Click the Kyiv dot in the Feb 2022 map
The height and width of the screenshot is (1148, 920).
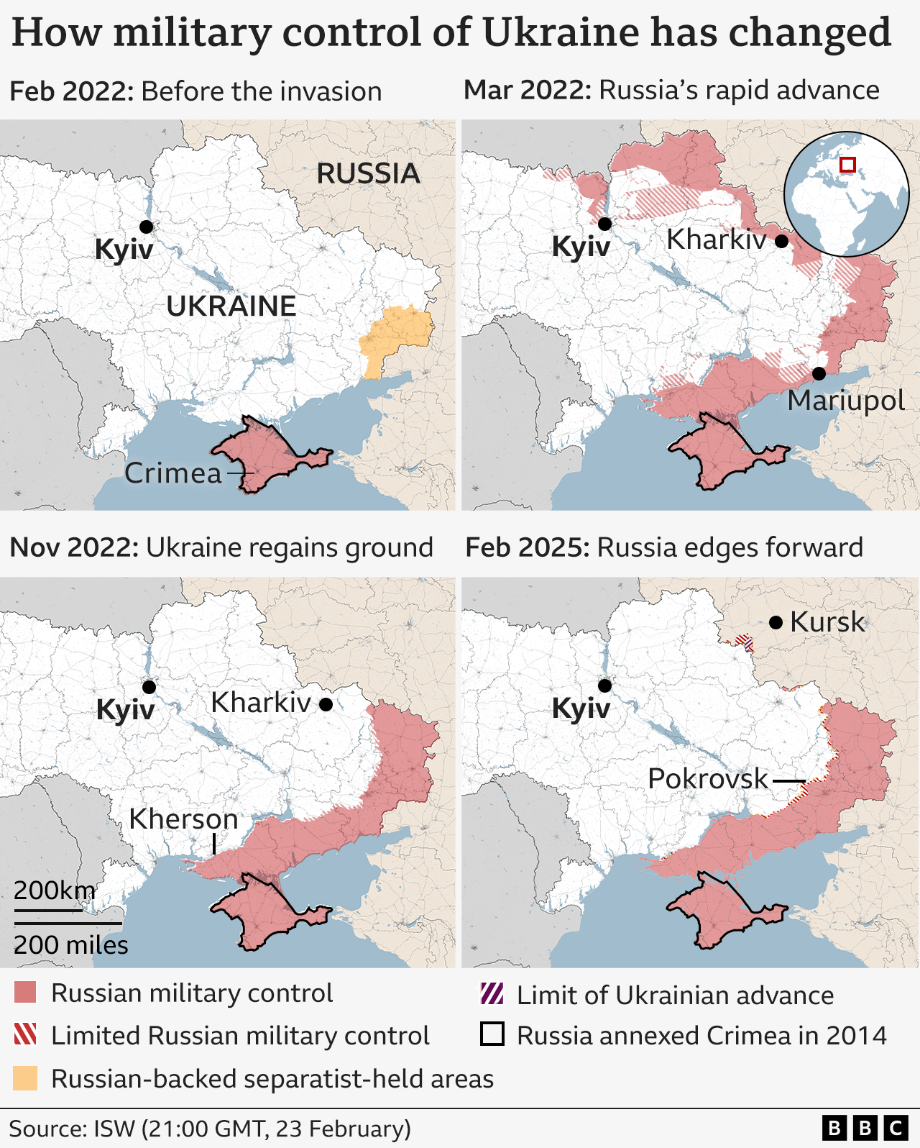click(146, 227)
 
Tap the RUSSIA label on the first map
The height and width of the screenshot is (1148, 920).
click(368, 173)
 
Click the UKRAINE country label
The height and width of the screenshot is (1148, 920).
click(231, 306)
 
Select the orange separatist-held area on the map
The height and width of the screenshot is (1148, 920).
click(396, 334)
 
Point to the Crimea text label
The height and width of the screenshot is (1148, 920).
click(173, 473)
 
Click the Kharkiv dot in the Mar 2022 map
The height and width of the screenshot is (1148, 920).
click(781, 241)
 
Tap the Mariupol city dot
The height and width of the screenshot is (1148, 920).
click(819, 374)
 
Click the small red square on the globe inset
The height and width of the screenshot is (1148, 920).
click(847, 165)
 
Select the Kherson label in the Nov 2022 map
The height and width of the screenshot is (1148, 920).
click(183, 819)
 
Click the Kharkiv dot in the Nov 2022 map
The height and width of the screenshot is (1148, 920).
click(326, 704)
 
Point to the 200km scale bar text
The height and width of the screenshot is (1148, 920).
click(54, 890)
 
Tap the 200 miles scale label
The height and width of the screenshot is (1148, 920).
click(70, 944)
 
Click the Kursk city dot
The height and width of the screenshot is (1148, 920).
click(776, 622)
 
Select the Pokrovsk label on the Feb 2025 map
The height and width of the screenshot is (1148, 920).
click(708, 778)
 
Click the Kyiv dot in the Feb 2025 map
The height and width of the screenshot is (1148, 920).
click(604, 685)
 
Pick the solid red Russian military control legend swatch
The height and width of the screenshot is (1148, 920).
click(25, 993)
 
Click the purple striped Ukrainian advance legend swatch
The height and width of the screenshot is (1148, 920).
click(492, 995)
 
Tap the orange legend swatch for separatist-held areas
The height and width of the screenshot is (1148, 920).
click(25, 1078)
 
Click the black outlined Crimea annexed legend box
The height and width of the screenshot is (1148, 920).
click(492, 1034)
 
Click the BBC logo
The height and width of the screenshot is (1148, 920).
click(865, 1128)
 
